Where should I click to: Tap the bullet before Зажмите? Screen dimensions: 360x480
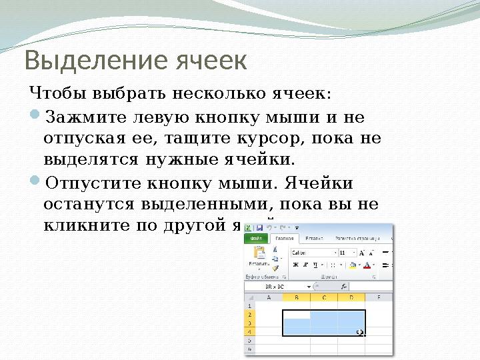(36, 118)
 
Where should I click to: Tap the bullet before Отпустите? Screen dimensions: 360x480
(36, 182)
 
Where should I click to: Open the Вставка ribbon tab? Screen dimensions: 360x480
(312, 238)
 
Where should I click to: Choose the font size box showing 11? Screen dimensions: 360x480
(346, 253)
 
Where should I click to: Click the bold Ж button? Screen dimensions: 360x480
(295, 265)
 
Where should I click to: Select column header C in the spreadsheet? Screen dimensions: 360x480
(323, 298)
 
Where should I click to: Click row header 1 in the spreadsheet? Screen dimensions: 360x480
(250, 305)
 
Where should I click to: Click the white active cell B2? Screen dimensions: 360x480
(296, 314)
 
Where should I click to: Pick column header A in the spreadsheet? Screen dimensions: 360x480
(269, 298)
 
